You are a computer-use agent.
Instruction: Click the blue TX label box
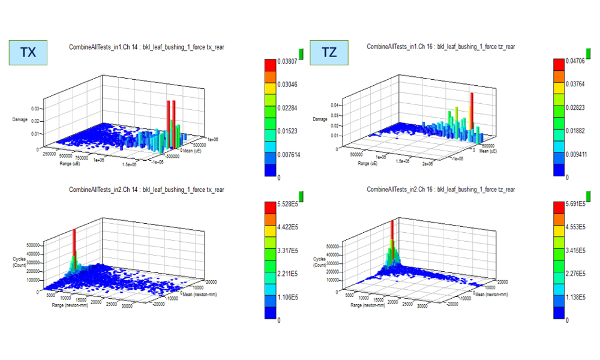(x=28, y=53)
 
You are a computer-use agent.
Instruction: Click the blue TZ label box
(x=329, y=53)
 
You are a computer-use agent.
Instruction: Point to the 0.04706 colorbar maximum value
(x=575, y=61)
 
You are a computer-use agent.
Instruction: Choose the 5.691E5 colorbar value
(x=574, y=205)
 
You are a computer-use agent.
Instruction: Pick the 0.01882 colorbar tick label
(x=575, y=131)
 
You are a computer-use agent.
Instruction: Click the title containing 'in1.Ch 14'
(x=147, y=46)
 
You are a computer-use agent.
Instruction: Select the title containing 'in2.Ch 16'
(x=441, y=190)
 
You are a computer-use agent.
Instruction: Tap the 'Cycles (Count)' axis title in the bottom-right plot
(x=320, y=262)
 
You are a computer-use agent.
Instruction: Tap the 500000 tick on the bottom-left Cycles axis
(x=31, y=245)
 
